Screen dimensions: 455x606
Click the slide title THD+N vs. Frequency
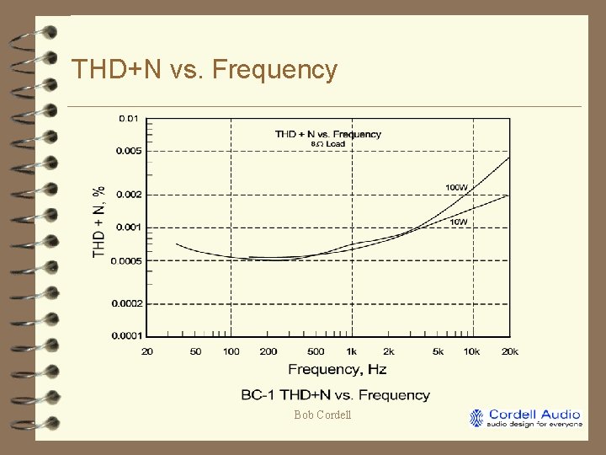(x=205, y=69)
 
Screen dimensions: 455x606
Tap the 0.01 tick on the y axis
(x=129, y=119)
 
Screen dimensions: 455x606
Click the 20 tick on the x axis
(x=148, y=351)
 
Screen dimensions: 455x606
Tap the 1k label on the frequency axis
(x=353, y=351)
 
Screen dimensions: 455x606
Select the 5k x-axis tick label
(x=438, y=351)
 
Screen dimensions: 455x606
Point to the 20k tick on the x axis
(x=509, y=351)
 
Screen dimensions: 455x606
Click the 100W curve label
(x=456, y=187)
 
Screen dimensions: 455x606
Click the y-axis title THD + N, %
(x=99, y=222)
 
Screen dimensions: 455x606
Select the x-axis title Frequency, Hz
(x=337, y=369)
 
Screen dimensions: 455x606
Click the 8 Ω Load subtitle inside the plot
(x=328, y=144)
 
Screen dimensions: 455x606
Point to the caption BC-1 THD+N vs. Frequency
(x=335, y=394)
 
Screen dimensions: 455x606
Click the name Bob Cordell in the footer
(x=322, y=415)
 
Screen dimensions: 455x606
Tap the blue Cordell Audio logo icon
(x=477, y=418)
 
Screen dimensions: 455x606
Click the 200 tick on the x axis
(x=268, y=351)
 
